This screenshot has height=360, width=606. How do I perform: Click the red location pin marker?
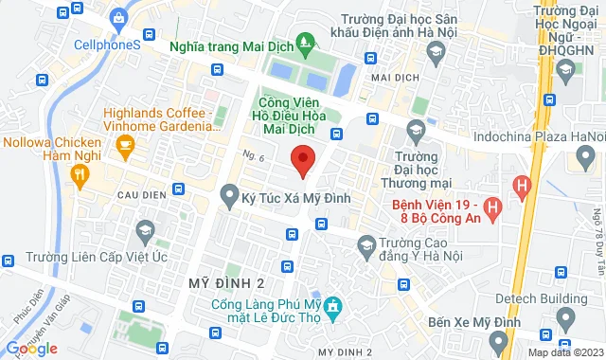pyautogui.click(x=302, y=159)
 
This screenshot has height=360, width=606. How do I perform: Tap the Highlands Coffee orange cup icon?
pyautogui.click(x=124, y=144)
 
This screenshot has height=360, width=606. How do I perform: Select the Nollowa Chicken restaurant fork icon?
pyautogui.click(x=80, y=173)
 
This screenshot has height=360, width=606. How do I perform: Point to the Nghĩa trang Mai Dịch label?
pyautogui.click(x=230, y=45)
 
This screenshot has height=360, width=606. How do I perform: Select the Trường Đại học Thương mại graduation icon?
pyautogui.click(x=414, y=129)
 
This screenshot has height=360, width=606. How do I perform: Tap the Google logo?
pyautogui.click(x=30, y=349)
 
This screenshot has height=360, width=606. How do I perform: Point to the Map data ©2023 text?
pyautogui.click(x=564, y=352)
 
